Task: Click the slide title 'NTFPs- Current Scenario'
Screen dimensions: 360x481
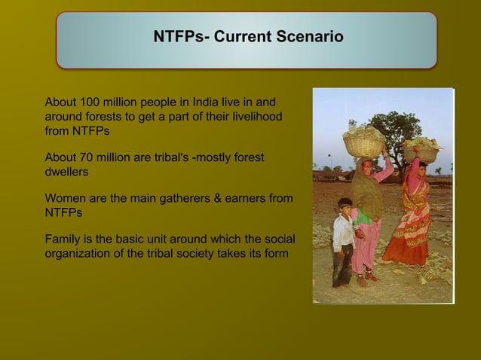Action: pos(248,37)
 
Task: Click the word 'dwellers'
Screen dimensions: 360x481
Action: pos(66,172)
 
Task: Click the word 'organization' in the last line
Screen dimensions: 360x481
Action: pos(79,253)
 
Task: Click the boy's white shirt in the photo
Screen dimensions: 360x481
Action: pos(344,234)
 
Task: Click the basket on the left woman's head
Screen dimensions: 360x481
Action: pos(363,142)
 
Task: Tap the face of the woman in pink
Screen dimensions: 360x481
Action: pos(367,166)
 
